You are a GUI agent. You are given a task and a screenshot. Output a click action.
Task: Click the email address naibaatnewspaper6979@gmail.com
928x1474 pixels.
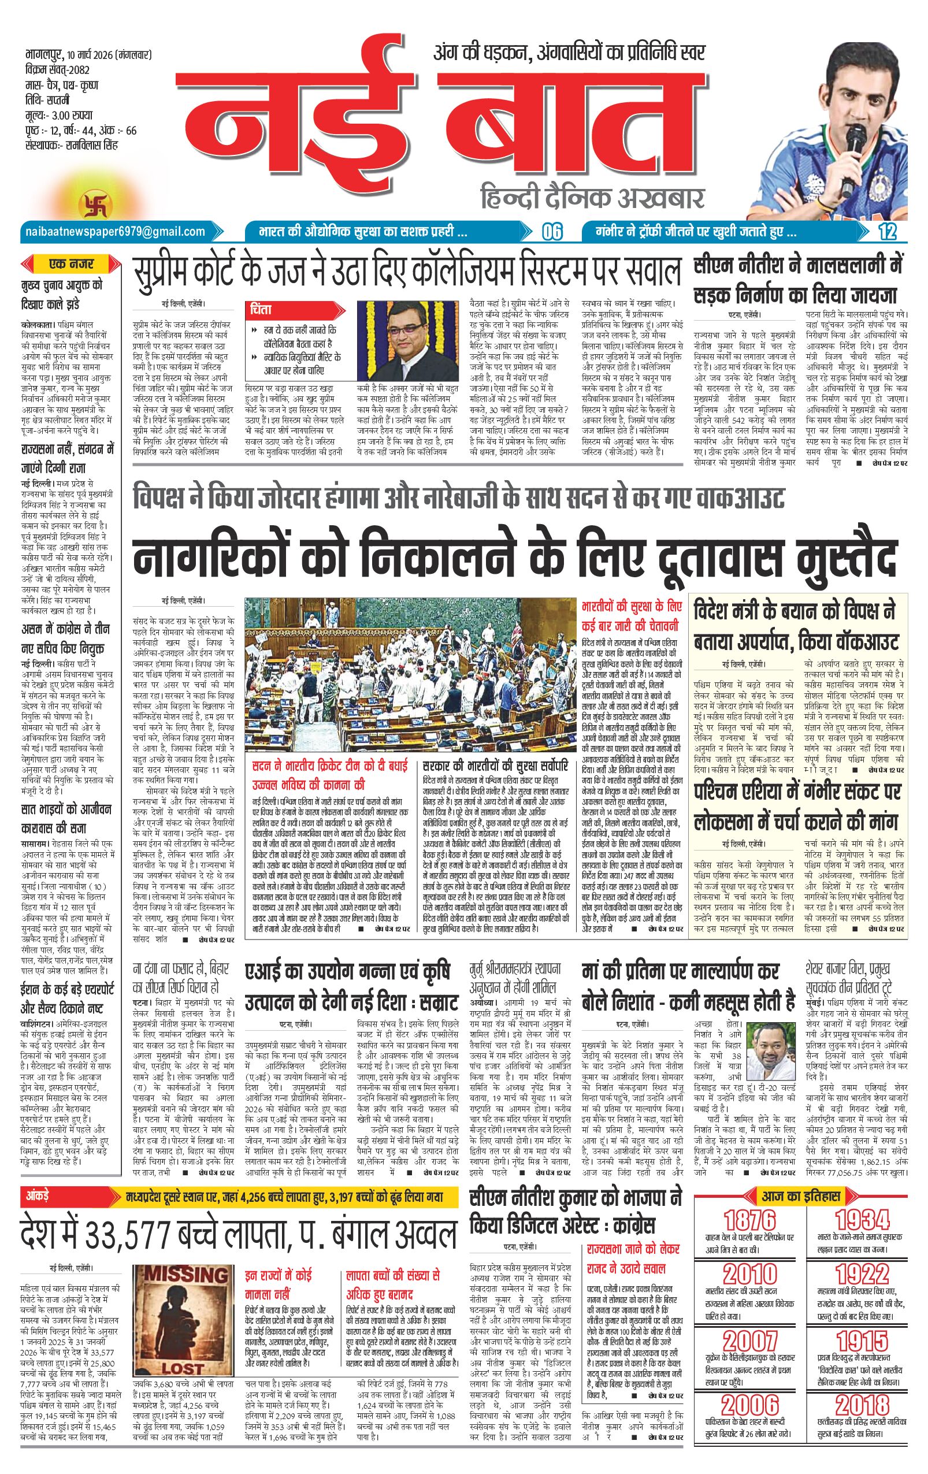(114, 231)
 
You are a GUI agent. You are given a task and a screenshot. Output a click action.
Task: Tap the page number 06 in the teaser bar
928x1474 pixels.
(551, 233)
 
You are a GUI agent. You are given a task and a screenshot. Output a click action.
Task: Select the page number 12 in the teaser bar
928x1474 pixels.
(886, 233)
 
